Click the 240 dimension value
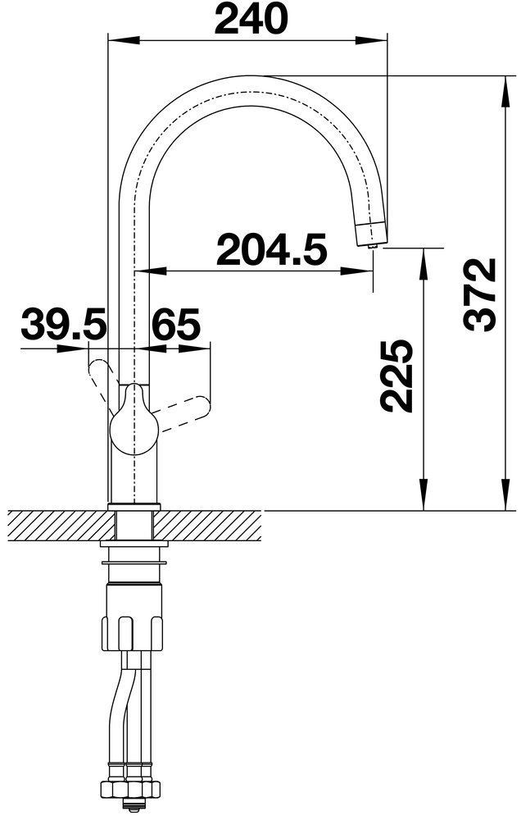click(x=251, y=20)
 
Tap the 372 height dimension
click(x=480, y=295)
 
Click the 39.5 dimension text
click(x=63, y=324)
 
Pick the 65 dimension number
click(x=175, y=324)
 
